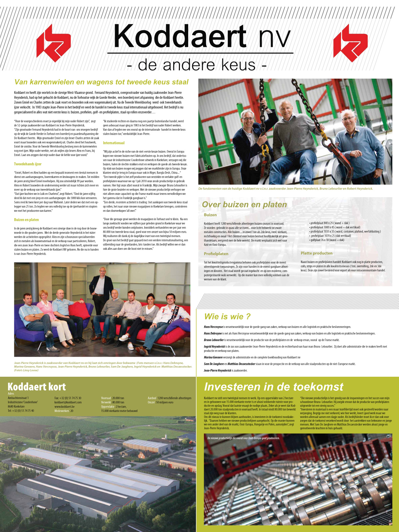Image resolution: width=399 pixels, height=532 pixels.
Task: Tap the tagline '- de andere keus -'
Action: [197, 65]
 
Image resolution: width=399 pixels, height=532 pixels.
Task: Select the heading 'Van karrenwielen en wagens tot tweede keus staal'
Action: [101, 82]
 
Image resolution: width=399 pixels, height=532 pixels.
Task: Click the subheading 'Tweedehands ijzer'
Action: [28, 164]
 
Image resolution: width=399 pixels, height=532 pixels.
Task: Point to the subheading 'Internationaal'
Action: [114, 143]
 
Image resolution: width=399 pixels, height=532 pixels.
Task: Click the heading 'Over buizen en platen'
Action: [244, 204]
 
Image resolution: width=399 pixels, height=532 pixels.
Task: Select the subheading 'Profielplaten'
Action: [216, 254]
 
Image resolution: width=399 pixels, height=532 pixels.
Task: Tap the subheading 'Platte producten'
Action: [317, 253]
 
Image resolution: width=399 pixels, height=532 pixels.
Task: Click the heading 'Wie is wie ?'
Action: [227, 317]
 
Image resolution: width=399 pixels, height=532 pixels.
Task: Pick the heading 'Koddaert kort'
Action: [37, 387]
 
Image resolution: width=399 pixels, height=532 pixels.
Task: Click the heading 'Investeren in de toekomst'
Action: [273, 387]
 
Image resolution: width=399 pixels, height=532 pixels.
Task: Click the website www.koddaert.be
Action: [65, 407]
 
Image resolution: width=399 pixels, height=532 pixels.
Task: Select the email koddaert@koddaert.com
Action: [68, 402]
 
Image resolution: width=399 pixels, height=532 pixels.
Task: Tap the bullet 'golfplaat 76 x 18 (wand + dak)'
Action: [327, 240]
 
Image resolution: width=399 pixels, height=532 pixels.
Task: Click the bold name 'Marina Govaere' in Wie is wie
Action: [213, 357]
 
